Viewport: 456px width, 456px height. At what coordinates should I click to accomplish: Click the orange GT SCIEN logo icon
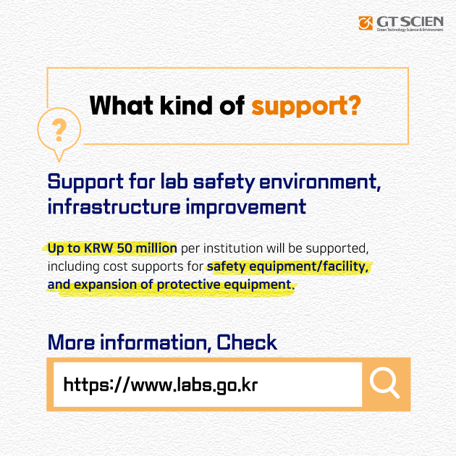(366, 23)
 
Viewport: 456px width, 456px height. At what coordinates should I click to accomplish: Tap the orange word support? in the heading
(306, 106)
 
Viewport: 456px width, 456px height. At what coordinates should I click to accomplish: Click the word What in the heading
(122, 105)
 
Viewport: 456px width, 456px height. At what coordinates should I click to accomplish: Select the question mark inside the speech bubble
(59, 130)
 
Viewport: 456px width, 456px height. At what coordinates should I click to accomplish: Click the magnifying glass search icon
(384, 382)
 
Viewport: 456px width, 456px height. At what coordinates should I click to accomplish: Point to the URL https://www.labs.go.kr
(161, 385)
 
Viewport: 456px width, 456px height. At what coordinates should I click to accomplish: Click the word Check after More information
(247, 342)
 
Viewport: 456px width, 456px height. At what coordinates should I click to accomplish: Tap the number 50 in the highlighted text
(124, 248)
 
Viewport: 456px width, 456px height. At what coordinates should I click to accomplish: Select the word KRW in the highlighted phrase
(98, 248)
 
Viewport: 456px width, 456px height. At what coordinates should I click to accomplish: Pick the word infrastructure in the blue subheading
(114, 207)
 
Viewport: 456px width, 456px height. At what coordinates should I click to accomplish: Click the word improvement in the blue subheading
(246, 208)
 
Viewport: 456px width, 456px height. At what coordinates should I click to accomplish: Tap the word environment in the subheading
(320, 182)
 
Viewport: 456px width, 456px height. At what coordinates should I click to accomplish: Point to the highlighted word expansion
(105, 284)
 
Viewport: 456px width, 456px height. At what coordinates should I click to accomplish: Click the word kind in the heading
(186, 105)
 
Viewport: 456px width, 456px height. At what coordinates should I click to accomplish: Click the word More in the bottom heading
(71, 342)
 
